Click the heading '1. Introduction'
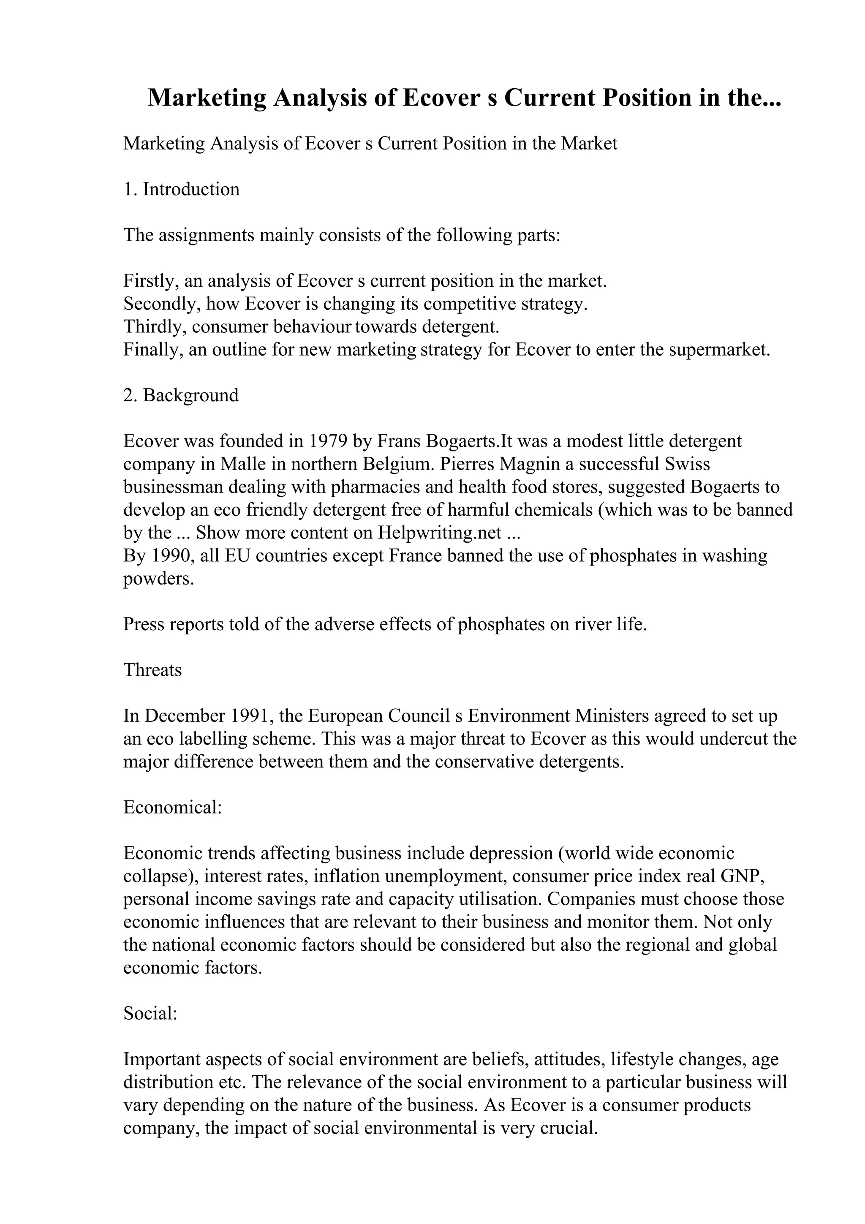tap(181, 189)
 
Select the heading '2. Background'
tap(181, 395)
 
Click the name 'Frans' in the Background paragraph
tap(397, 441)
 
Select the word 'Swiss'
tap(687, 464)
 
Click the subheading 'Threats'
tap(152, 669)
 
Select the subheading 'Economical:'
tap(172, 807)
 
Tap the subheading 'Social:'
tap(150, 1013)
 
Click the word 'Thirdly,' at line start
tap(155, 326)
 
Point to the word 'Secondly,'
tap(162, 303)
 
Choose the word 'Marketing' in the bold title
tap(207, 98)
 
